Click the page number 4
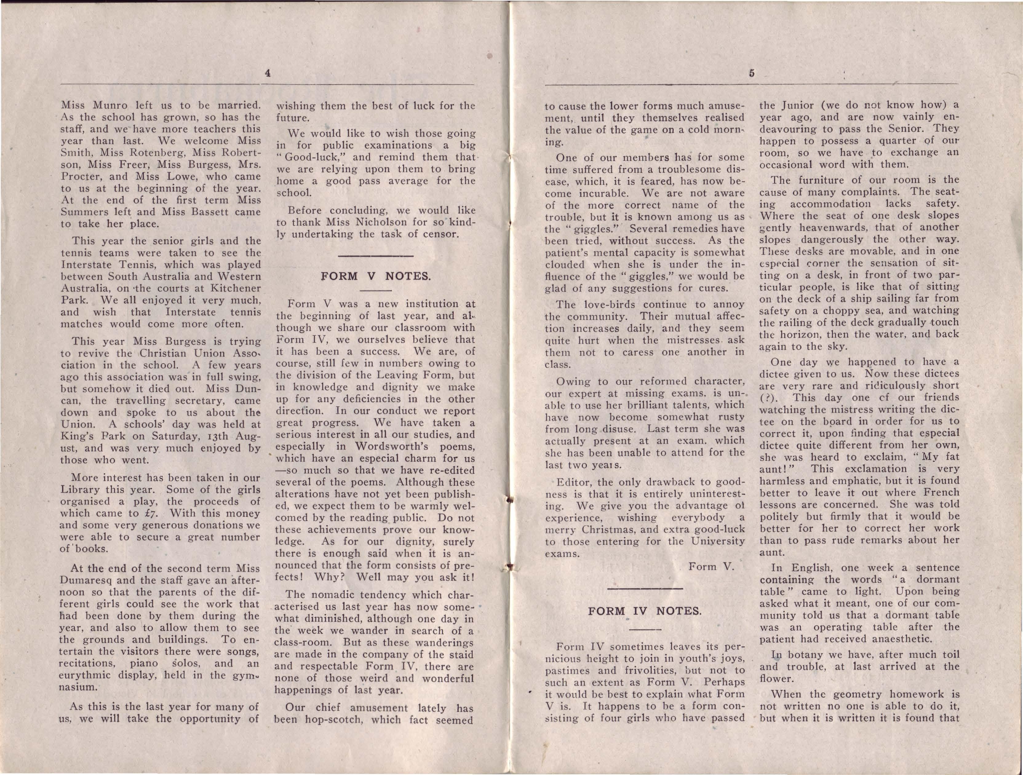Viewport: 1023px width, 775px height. [267, 73]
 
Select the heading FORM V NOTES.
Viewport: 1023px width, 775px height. [376, 276]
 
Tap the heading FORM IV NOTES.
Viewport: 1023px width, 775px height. [645, 611]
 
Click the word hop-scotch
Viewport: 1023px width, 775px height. [337, 720]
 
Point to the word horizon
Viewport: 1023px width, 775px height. [794, 334]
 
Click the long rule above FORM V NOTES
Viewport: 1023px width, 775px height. [376, 255]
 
